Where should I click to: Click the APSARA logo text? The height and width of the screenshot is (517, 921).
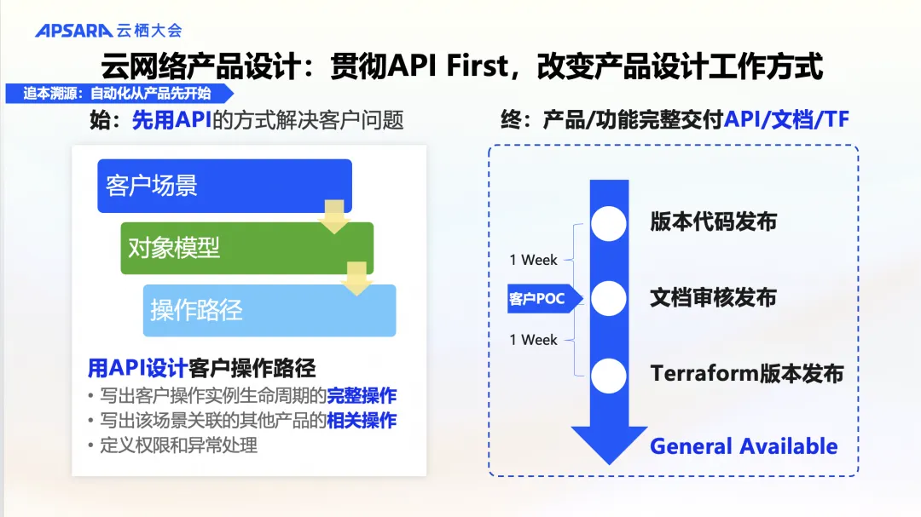tap(74, 31)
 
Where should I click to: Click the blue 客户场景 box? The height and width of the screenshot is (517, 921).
tap(224, 186)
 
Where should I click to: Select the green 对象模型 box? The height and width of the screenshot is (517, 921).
tap(246, 248)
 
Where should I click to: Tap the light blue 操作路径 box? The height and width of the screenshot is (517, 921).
tap(269, 310)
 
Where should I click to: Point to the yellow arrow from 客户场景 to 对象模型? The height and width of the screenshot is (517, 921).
tap(334, 216)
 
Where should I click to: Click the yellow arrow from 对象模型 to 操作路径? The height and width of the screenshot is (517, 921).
tap(356, 279)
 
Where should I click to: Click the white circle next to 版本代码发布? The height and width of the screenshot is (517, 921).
tap(609, 224)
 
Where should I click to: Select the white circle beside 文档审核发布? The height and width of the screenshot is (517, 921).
tap(609, 298)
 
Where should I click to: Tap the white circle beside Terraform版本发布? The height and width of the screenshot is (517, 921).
tap(609, 376)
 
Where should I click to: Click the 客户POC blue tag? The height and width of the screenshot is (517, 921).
tap(544, 298)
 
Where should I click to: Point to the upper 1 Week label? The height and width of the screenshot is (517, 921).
tap(533, 260)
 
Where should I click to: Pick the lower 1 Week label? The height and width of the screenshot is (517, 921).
tap(533, 340)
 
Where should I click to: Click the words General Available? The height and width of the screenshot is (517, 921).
tap(744, 446)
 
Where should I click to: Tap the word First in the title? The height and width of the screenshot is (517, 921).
tap(477, 65)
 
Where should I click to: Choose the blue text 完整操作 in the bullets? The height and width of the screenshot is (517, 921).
tap(362, 395)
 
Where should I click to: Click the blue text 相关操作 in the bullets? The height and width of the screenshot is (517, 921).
tap(362, 420)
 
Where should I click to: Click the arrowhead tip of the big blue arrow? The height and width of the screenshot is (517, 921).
tap(609, 465)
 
